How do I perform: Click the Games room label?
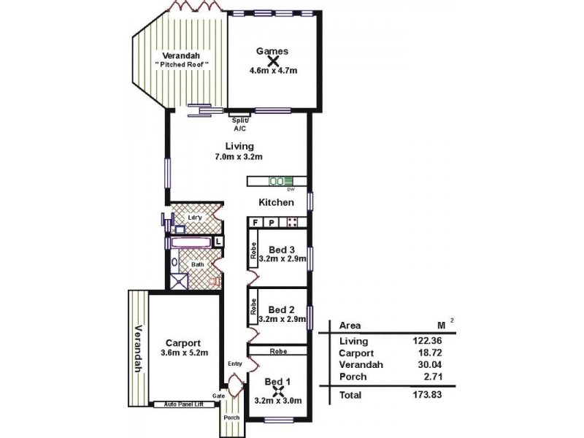tap(272, 51)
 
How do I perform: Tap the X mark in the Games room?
tap(273, 62)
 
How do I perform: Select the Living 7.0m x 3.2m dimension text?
tap(239, 157)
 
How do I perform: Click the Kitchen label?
tap(277, 202)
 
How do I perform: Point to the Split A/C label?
tap(239, 123)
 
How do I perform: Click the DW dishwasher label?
tap(290, 190)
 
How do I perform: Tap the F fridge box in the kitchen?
tap(256, 222)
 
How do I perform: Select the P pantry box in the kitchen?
tap(272, 222)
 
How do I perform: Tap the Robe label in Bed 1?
tap(277, 350)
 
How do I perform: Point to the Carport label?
tap(182, 342)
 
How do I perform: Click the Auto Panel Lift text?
tap(182, 403)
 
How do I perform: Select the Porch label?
tap(232, 418)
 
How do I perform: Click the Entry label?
tap(234, 364)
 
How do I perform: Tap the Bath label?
tap(197, 265)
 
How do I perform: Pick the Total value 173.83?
tap(426, 394)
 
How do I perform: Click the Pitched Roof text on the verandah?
tap(182, 65)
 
